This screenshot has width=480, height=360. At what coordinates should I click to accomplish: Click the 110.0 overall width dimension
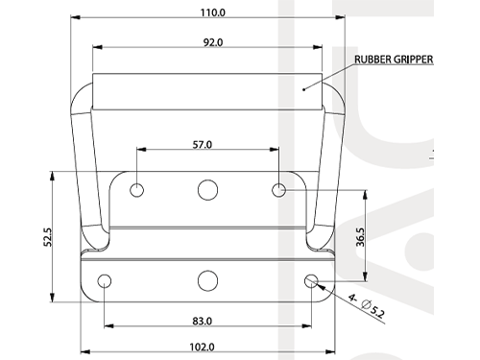[x=213, y=12]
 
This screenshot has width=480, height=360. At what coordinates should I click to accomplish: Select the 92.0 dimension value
[x=213, y=42]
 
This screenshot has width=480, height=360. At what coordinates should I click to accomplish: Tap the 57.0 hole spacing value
[x=203, y=145]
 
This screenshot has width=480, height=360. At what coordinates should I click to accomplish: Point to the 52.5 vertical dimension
[x=47, y=236]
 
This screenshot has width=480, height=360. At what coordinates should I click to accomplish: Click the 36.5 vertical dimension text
[x=360, y=237]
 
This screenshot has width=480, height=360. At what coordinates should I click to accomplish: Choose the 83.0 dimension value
[x=202, y=321]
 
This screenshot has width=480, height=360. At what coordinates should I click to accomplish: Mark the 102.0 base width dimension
[x=202, y=347]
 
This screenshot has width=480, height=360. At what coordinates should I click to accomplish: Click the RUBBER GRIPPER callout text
[x=394, y=60]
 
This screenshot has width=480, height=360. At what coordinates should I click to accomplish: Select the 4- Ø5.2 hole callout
[x=367, y=306]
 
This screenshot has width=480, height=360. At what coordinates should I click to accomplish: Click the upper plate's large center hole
[x=207, y=190]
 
